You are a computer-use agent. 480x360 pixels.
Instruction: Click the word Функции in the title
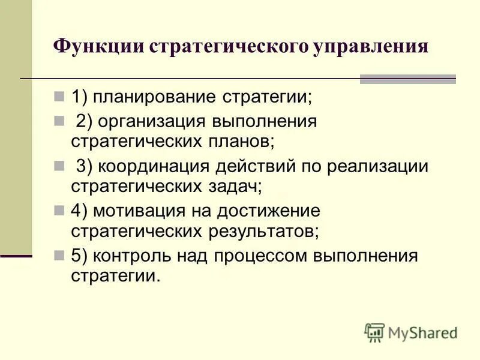tap(98, 47)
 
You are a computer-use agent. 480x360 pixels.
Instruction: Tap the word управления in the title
tap(370, 47)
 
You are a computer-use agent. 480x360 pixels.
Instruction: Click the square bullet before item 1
tap(59, 96)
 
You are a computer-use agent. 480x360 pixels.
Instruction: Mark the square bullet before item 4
tap(59, 210)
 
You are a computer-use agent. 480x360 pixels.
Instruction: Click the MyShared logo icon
tap(374, 332)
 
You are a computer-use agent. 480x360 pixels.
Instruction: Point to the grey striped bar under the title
tap(407, 79)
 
